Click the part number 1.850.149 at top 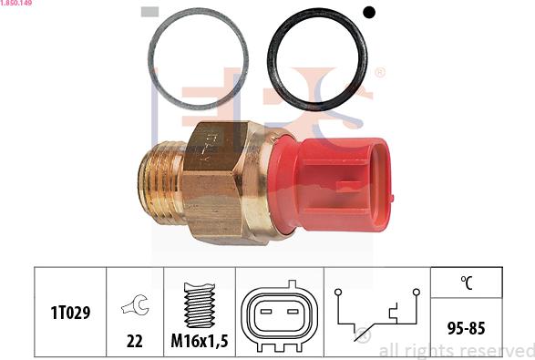tap(16, 3)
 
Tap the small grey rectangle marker tap(149, 12)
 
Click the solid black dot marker tap(369, 13)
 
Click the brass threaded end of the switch tap(161, 182)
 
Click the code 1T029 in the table tap(70, 313)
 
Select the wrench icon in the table tap(136, 304)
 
